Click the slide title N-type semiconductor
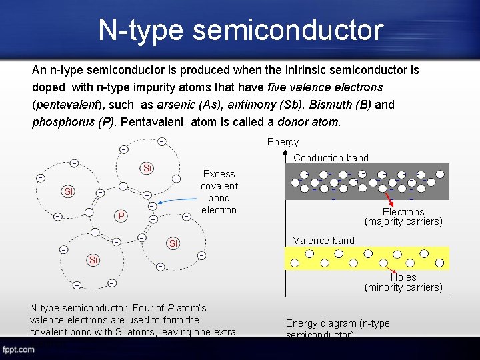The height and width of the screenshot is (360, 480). pyautogui.click(x=241, y=31)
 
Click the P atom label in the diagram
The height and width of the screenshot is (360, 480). pyautogui.click(x=121, y=216)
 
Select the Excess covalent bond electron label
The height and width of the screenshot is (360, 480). pyautogui.click(x=219, y=192)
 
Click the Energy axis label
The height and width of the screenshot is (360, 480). pyautogui.click(x=283, y=142)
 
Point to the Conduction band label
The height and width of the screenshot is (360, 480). pyautogui.click(x=331, y=158)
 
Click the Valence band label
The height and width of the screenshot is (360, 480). pyautogui.click(x=324, y=241)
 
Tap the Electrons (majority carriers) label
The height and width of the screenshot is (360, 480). pyautogui.click(x=403, y=217)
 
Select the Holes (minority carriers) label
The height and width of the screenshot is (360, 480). pyautogui.click(x=403, y=282)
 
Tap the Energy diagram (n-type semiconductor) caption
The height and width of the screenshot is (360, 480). pyautogui.click(x=337, y=329)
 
